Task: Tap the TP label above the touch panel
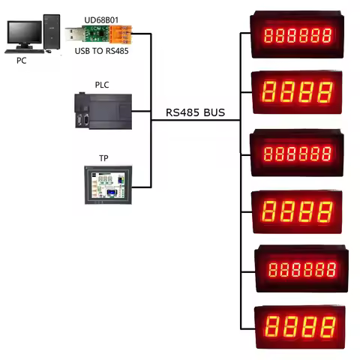(x=103, y=158)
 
